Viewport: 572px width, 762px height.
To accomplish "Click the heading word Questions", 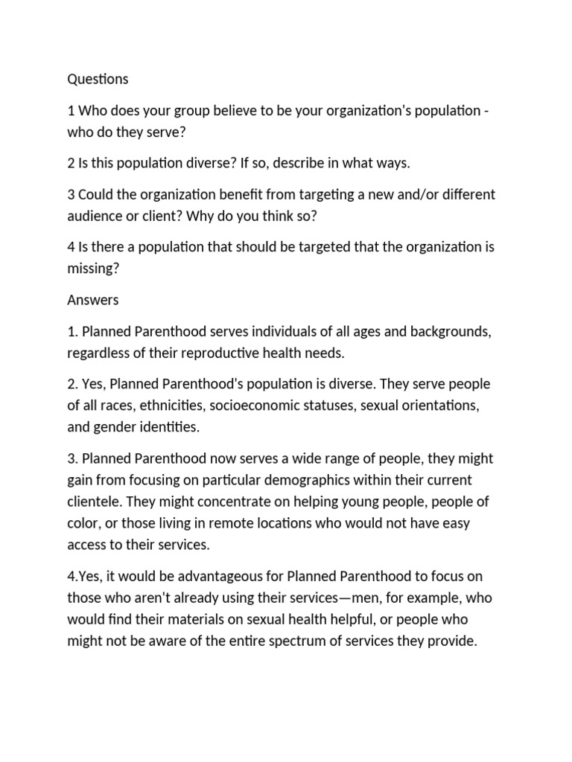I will [x=98, y=79].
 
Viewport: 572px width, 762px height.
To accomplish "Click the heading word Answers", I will [x=93, y=300].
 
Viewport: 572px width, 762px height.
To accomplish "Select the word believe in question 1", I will [x=238, y=111].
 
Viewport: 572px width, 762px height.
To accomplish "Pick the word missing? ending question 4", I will [x=93, y=268].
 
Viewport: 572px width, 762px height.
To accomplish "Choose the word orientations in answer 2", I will [x=433, y=406].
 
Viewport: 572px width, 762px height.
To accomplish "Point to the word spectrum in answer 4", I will [x=340, y=640].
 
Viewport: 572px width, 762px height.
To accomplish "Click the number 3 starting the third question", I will [x=71, y=194].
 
